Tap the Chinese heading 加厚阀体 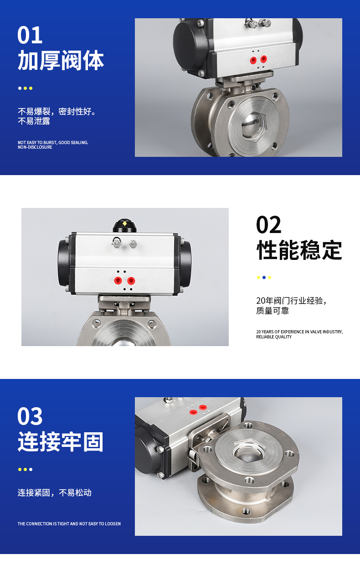61,60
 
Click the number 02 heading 269,224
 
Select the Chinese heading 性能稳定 299,250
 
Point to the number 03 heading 30,416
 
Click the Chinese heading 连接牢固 61,442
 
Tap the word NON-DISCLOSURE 35,147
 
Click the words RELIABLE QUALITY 274,337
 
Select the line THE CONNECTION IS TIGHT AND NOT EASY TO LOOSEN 69,523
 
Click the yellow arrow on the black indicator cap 124,223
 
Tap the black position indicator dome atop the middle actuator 124,225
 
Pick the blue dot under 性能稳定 264,277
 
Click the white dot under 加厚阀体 20,88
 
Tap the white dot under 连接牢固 31,470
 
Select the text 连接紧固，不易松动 54,493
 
